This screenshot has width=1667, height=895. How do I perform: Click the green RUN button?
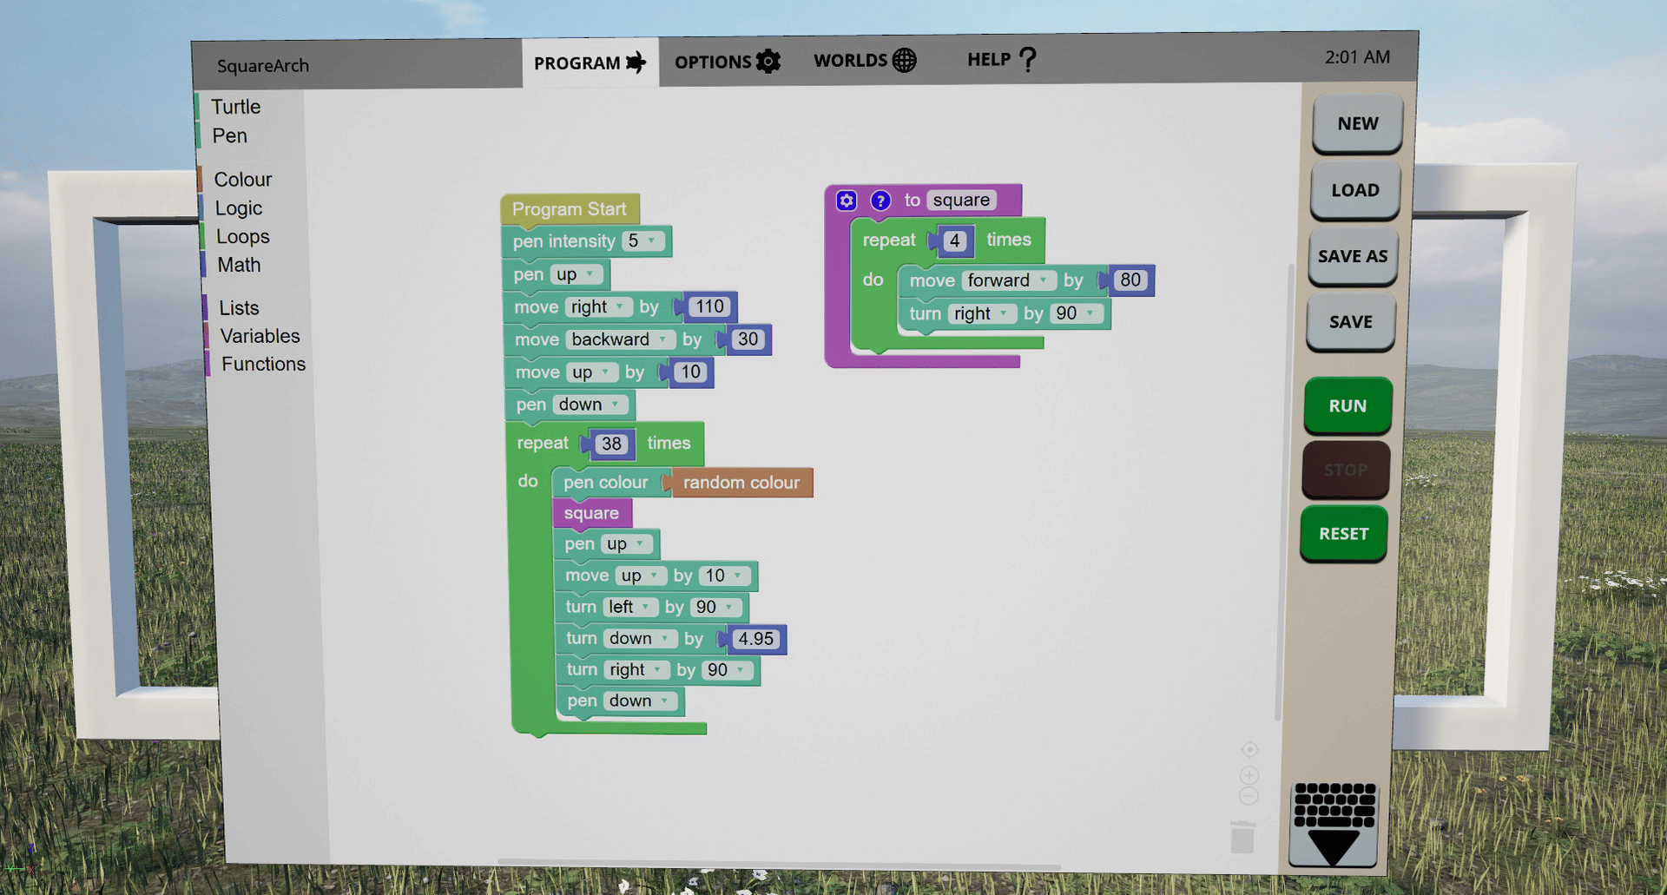point(1347,405)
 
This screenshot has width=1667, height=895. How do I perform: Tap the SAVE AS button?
point(1352,256)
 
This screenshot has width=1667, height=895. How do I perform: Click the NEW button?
point(1357,123)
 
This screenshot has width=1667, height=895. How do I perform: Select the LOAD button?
point(1354,190)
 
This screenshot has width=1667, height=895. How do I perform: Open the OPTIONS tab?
point(727,62)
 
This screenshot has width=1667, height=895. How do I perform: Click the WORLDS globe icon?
point(904,60)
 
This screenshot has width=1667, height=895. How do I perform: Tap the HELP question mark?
point(1027,59)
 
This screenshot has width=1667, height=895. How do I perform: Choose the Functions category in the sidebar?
point(263,364)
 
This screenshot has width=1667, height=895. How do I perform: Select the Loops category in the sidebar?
point(242,236)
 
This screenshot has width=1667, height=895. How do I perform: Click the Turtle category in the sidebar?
point(235,107)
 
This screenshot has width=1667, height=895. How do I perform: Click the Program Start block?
point(569,209)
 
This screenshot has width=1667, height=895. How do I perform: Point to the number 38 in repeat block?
point(611,444)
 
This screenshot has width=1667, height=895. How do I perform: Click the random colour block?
point(741,483)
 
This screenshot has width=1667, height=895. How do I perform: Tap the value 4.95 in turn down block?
point(754,639)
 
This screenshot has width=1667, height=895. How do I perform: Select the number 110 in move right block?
point(708,306)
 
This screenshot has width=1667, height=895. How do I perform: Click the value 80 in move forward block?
point(1130,280)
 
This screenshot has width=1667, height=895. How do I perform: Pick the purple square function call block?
point(591,513)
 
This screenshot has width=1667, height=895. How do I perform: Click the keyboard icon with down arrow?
point(1334,824)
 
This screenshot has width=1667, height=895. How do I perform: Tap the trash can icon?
point(1242,837)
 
